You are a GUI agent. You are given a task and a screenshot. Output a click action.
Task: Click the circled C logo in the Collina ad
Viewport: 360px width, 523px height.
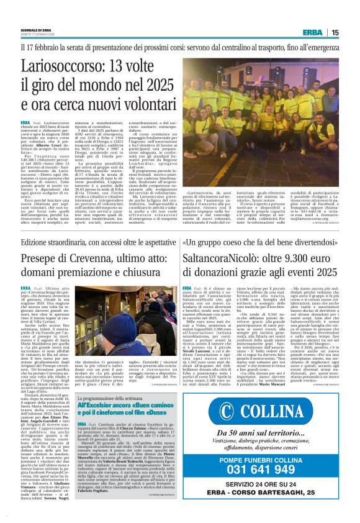pyautogui.click(x=215, y=431)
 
